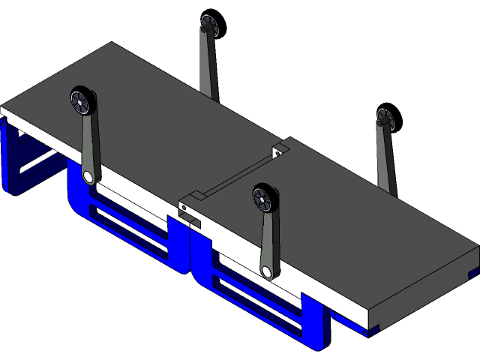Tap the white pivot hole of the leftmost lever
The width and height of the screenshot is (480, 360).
coord(90,177)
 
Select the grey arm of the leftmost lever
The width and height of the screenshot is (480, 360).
coord(87,142)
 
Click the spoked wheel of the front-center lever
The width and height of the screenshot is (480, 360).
coord(265,198)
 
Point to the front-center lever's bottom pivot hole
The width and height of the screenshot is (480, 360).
coord(268,271)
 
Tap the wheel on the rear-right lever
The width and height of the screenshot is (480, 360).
coord(385,118)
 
